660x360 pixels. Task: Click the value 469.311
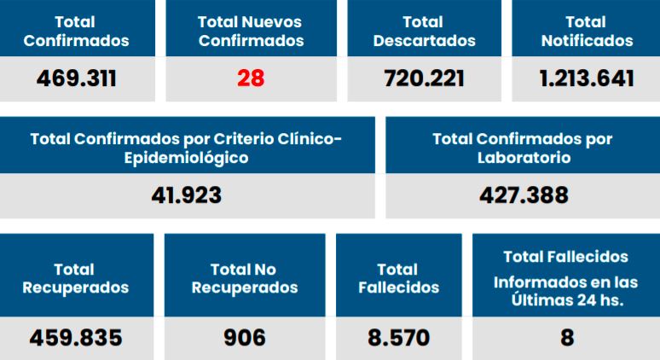77,79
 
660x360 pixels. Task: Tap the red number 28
251,79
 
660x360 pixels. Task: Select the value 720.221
424,79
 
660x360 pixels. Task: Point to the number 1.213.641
587,79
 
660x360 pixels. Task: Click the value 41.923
186,195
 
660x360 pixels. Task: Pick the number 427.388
524,195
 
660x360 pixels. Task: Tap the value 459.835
76,338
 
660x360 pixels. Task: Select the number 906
245,338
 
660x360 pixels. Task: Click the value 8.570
399,338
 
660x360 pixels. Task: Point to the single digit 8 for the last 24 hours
567,338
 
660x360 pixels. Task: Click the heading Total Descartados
424,31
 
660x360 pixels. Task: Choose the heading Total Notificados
587,31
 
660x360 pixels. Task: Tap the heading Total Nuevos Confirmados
251,31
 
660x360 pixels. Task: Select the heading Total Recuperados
76,279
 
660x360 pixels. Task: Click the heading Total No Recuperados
245,279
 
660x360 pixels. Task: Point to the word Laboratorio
524,158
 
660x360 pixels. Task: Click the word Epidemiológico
186,158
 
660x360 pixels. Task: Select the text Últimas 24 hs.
566,299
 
